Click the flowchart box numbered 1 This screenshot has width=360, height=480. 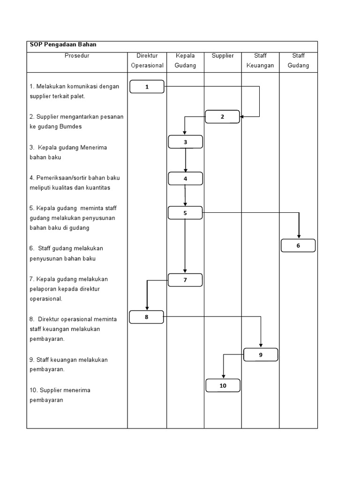pyautogui.click(x=147, y=87)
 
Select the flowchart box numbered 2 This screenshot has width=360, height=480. pyautogui.click(x=223, y=117)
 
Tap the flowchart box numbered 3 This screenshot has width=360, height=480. pyautogui.click(x=186, y=142)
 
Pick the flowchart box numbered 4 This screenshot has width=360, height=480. pyautogui.click(x=186, y=179)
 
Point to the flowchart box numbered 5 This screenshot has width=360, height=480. pyautogui.click(x=186, y=213)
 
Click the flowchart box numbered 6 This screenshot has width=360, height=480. pyautogui.click(x=298, y=246)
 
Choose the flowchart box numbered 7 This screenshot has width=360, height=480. pyautogui.click(x=185, y=280)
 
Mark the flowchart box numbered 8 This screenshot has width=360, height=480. pyautogui.click(x=147, y=317)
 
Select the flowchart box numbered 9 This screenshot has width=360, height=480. pyautogui.click(x=261, y=355)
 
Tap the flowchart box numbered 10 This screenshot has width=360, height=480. pyautogui.click(x=223, y=386)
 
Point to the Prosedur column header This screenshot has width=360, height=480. pyautogui.click(x=77, y=56)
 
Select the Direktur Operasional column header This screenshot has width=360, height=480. pyautogui.click(x=147, y=61)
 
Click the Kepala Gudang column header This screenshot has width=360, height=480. pyautogui.click(x=185, y=61)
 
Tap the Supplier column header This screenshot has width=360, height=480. pyautogui.click(x=223, y=56)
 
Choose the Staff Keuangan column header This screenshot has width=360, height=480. pyautogui.click(x=260, y=61)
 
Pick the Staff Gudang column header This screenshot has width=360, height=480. pyautogui.click(x=298, y=61)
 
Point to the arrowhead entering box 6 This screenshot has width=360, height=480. pyautogui.click(x=299, y=237)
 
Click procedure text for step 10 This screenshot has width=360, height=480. pyautogui.click(x=60, y=395)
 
